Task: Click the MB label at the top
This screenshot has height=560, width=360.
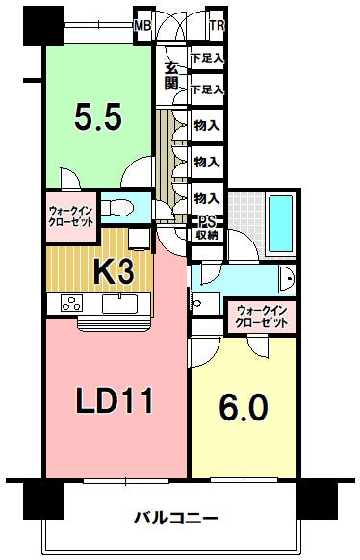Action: coord(142,26)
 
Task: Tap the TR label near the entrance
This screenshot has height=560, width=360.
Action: coord(217,26)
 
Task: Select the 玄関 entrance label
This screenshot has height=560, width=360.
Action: coord(171,76)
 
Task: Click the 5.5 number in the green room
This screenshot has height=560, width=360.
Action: coord(98,116)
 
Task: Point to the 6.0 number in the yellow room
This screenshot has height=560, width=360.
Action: coord(244,408)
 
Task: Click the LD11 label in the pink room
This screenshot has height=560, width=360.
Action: coord(115,400)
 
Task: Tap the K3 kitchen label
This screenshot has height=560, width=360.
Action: coord(114,271)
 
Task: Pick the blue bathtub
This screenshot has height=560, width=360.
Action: coord(280,223)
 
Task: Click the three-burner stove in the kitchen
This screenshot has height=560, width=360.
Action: coord(71,303)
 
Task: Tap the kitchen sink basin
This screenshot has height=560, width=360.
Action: coord(119,303)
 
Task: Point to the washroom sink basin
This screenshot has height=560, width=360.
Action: coord(288,279)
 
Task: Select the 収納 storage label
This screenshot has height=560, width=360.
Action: coord(207,235)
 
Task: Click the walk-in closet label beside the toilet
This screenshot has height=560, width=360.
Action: coord(71,216)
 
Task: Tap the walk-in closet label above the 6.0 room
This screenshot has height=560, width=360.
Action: coord(262,316)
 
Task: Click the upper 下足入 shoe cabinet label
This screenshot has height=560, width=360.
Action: coord(207,58)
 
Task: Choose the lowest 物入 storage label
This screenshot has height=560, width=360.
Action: coord(206,198)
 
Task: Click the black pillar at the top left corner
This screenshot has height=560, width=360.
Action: coord(43,26)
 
